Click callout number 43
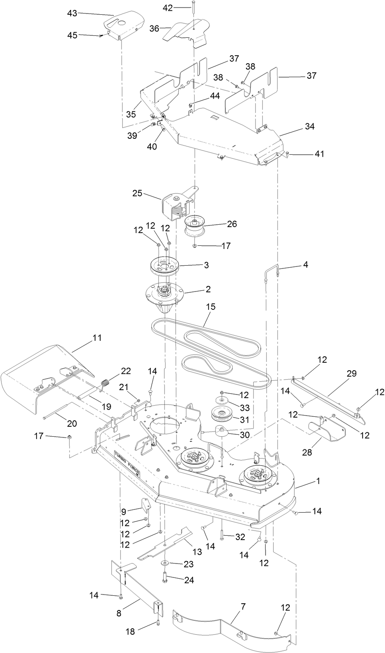click(x=72, y=13)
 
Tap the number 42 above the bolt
click(x=168, y=8)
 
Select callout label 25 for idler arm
click(x=137, y=194)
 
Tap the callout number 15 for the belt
click(x=211, y=307)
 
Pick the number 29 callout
click(x=351, y=373)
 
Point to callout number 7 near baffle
click(x=243, y=606)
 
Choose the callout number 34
click(x=309, y=126)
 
